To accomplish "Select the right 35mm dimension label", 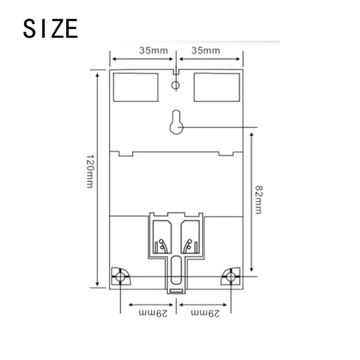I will (x=206, y=50).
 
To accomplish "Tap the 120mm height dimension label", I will (x=90, y=171).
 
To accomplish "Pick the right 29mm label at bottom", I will (x=205, y=312).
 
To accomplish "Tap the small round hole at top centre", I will (x=176, y=85).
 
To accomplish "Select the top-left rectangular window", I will (x=135, y=87).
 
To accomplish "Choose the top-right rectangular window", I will (x=216, y=87).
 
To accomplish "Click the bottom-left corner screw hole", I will (x=120, y=277).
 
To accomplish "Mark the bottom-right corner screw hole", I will (x=231, y=277).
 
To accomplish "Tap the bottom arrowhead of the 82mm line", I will (x=252, y=274).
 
